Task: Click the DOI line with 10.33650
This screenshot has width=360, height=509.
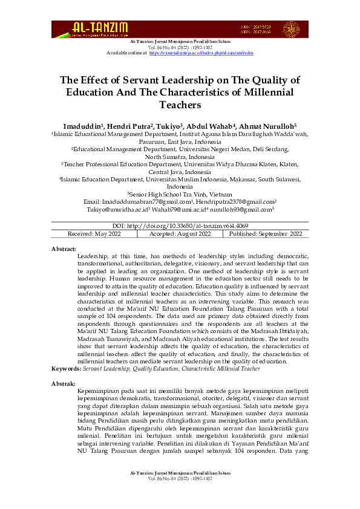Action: (180, 225)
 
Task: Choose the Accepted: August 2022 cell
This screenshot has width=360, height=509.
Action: (180, 233)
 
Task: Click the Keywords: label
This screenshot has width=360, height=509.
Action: (66, 368)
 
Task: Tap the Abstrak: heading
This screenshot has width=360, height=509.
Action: (64, 383)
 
